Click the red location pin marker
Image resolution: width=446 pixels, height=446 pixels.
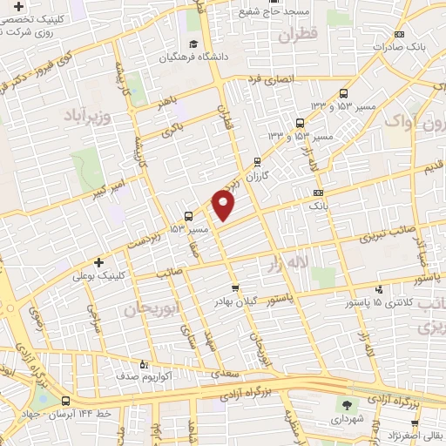(x=224, y=206)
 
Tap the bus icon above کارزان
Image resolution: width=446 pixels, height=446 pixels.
(x=256, y=161)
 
